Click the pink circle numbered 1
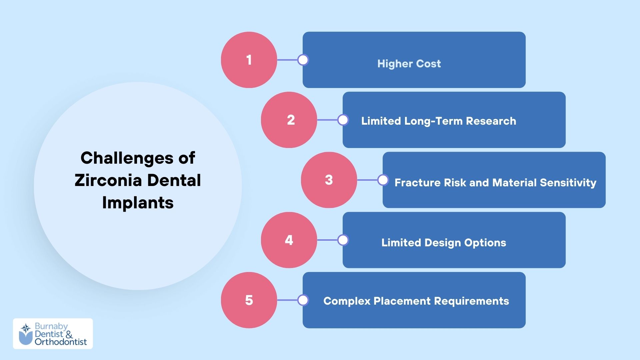[249, 60]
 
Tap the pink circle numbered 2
[289, 120]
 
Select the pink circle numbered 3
[329, 180]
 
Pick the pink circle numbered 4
[289, 240]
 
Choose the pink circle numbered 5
[249, 300]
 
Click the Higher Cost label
[409, 64]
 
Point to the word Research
[491, 121]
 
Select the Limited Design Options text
[444, 243]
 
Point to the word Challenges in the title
[127, 158]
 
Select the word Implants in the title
[138, 202]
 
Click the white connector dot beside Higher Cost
[303, 60]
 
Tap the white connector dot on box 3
[383, 180]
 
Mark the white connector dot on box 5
[303, 300]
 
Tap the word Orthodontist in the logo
[61, 342]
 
